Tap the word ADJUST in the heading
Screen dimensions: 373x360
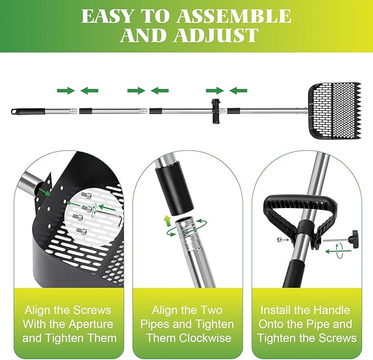pyautogui.click(x=216, y=35)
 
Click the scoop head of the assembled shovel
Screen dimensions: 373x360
pyautogui.click(x=335, y=111)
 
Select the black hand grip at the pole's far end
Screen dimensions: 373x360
pyautogui.click(x=28, y=111)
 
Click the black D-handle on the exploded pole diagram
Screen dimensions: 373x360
pyautogui.click(x=216, y=111)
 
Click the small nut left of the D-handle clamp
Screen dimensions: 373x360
pyautogui.click(x=279, y=240)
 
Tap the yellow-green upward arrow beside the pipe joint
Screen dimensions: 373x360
pyautogui.click(x=167, y=221)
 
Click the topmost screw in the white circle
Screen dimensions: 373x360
pyautogui.click(x=86, y=196)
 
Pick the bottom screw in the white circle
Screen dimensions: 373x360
pyautogui.click(x=81, y=230)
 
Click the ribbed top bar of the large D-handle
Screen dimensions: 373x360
pyautogui.click(x=300, y=202)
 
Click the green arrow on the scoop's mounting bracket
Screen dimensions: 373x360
pyautogui.click(x=45, y=192)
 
